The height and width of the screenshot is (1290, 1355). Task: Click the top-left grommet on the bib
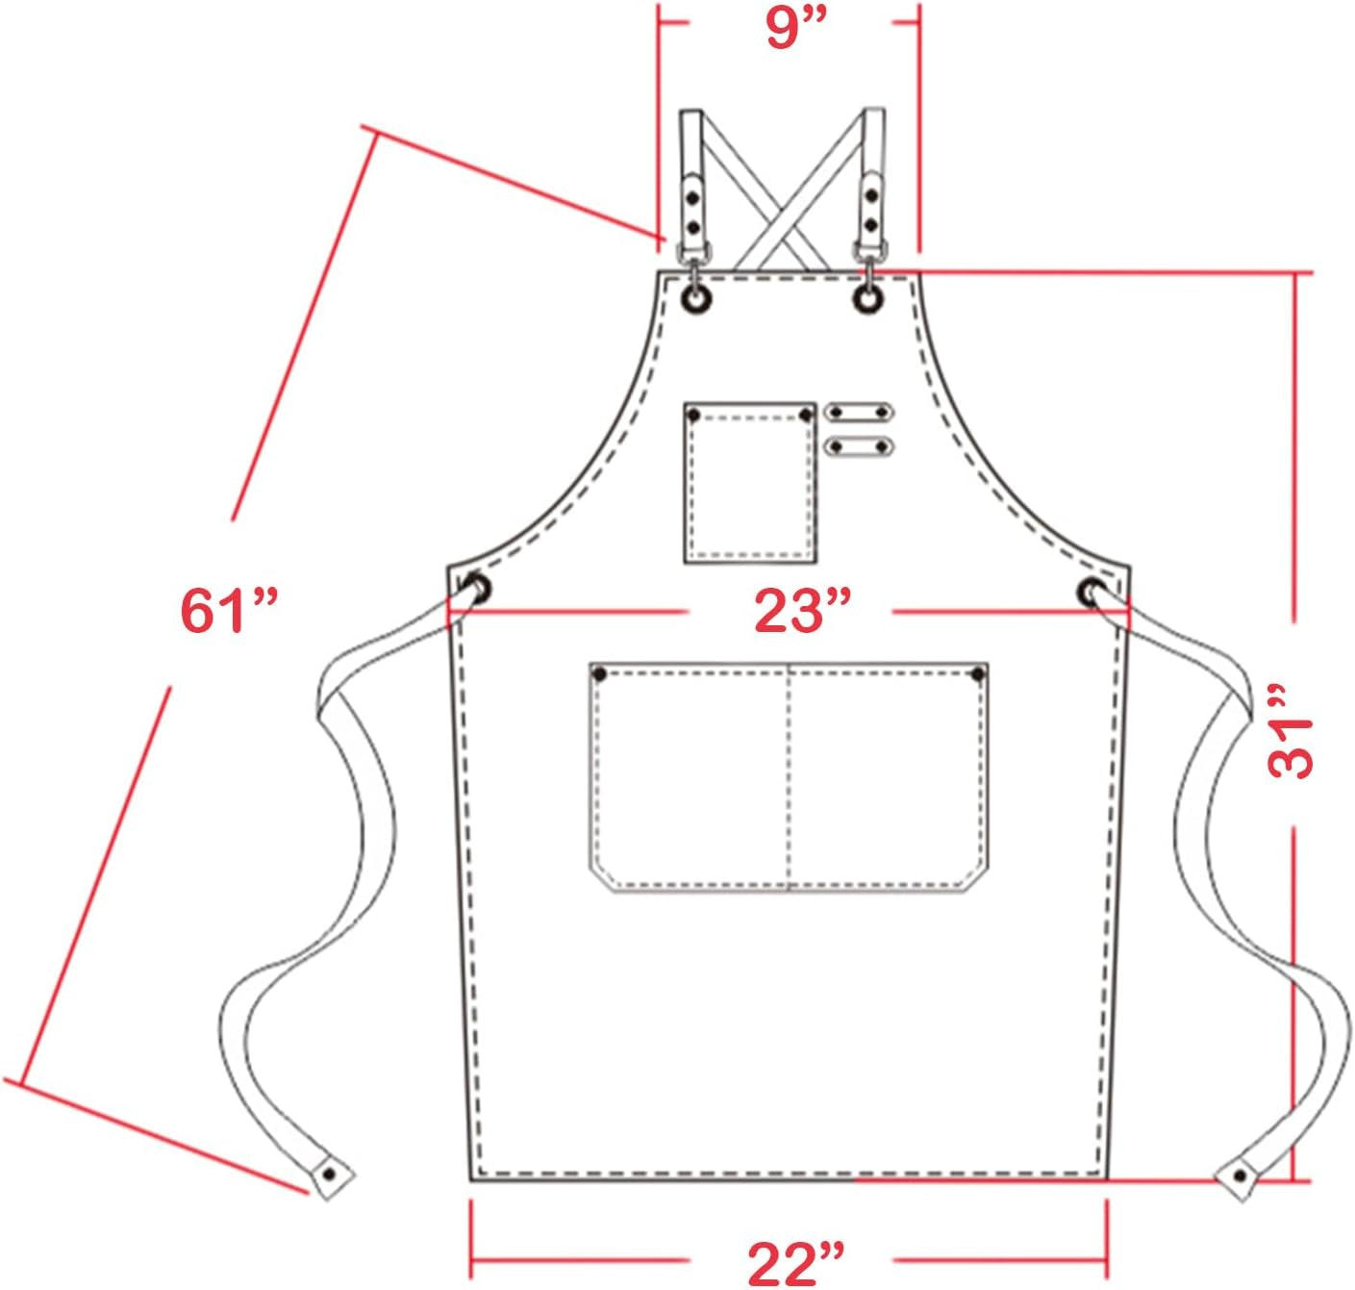pyautogui.click(x=697, y=298)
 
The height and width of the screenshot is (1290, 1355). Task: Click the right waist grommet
pyautogui.click(x=1092, y=592)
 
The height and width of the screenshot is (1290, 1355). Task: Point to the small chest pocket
pyautogui.click(x=750, y=483)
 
